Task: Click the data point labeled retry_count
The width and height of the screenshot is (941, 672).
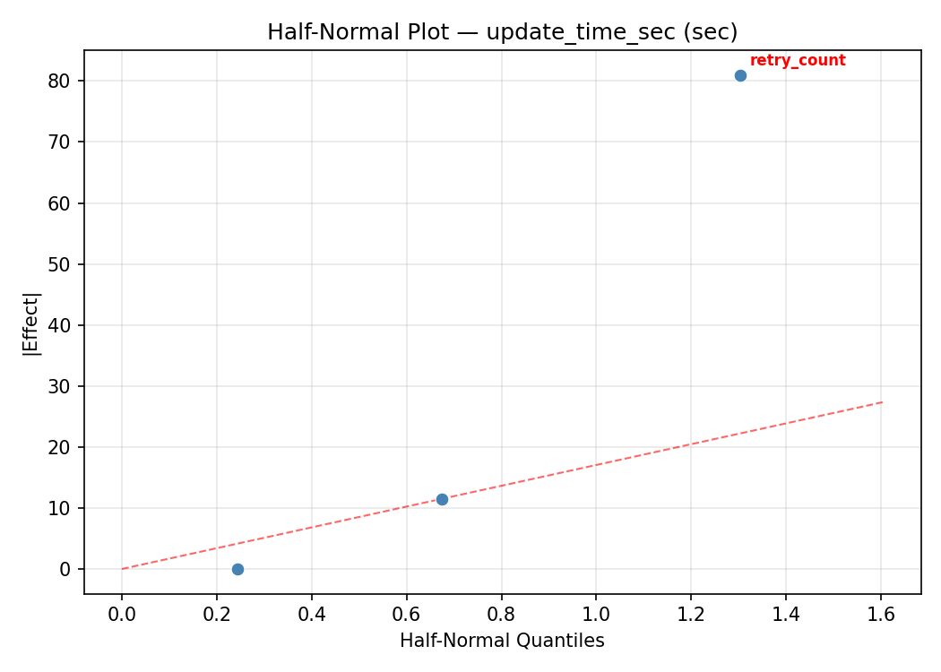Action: [740, 75]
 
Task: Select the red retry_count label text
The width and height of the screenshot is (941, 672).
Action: [798, 61]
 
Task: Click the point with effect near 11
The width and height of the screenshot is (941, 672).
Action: [442, 499]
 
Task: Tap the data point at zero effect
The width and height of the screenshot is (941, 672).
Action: [237, 569]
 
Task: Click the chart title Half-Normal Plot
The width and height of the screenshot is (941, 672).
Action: [502, 32]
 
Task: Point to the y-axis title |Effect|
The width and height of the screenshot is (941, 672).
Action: [32, 323]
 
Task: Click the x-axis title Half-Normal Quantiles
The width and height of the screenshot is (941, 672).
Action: [502, 641]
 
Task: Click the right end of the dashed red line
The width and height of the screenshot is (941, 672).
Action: [883, 401]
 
